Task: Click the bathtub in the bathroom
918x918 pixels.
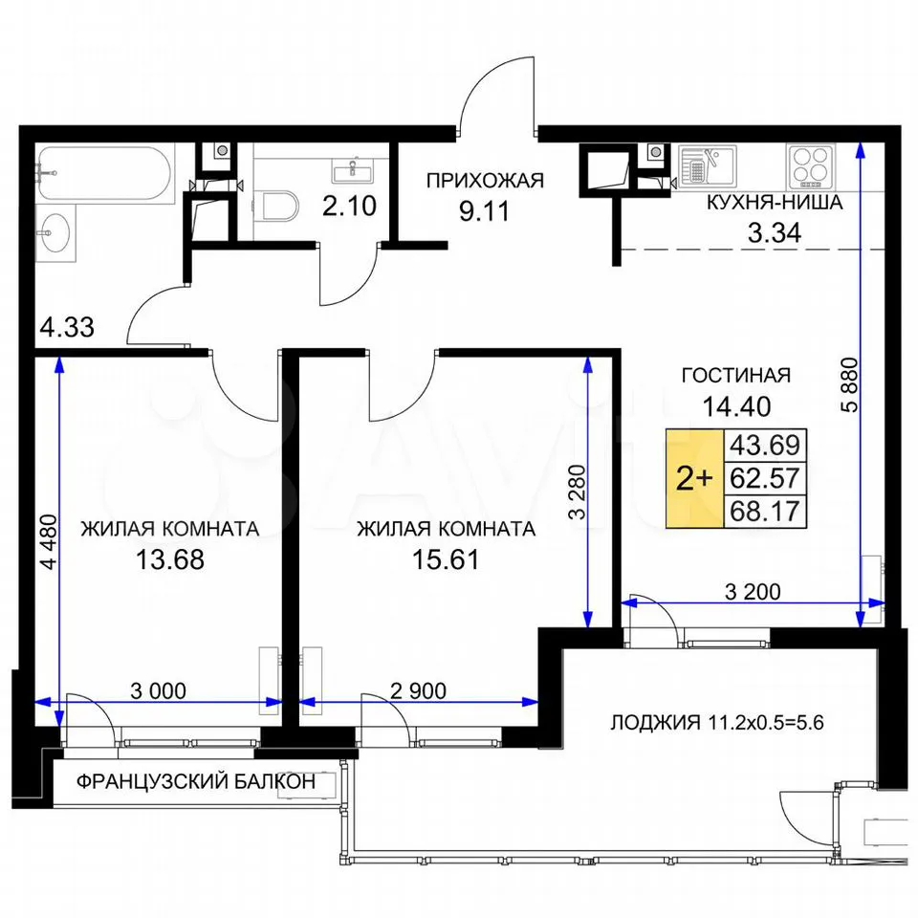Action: [x=104, y=174]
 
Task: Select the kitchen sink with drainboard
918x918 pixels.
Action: [x=708, y=165]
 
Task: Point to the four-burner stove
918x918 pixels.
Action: [x=811, y=164]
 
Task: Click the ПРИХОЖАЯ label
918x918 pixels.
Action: [x=485, y=181]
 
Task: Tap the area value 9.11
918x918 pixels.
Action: [x=484, y=211]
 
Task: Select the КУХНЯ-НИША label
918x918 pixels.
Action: [x=775, y=203]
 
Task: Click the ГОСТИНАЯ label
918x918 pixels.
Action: [x=736, y=375]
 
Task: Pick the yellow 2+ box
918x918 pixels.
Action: [x=695, y=478]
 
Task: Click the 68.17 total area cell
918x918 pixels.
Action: [x=765, y=511]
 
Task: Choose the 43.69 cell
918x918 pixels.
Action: [x=765, y=446]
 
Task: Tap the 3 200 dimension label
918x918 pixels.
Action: [x=753, y=592]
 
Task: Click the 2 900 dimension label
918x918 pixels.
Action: [x=418, y=690]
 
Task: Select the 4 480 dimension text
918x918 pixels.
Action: [x=49, y=541]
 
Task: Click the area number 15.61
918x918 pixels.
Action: [x=446, y=559]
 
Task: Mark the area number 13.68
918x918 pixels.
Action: [x=170, y=559]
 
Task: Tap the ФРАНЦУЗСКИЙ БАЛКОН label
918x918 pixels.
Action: [x=196, y=781]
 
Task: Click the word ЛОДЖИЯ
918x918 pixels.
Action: [x=655, y=723]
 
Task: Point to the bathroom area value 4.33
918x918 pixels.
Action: [x=67, y=327]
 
